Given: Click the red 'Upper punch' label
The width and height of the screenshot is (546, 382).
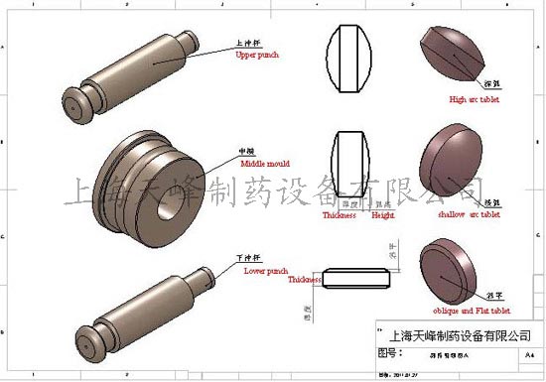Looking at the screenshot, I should pyautogui.click(x=256, y=56).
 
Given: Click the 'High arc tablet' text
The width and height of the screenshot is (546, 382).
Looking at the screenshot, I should pyautogui.click(x=474, y=99).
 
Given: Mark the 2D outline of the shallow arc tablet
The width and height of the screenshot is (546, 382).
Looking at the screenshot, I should pyautogui.click(x=352, y=165).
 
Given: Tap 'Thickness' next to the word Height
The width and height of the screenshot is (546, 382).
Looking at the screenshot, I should pyautogui.click(x=340, y=215).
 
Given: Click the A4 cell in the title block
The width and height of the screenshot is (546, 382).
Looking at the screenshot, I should pyautogui.click(x=528, y=353).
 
